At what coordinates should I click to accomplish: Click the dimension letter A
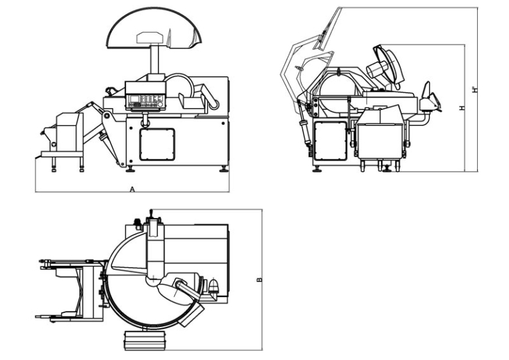[133, 189]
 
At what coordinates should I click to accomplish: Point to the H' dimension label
[475, 90]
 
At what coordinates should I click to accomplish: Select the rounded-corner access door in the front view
[157, 145]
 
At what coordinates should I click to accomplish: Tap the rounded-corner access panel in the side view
[329, 141]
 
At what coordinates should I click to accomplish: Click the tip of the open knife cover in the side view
[339, 9]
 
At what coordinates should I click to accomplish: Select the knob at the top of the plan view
[151, 213]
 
